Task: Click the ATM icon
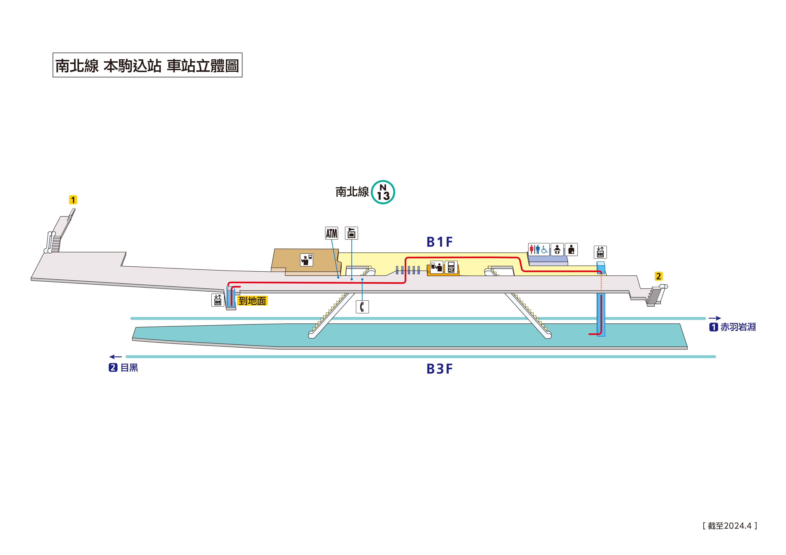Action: coord(331,234)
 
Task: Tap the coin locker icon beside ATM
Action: coord(351,233)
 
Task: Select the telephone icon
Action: coord(362,307)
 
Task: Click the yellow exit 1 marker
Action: coord(73,200)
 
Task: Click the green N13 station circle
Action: coord(383,192)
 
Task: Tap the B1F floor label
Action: coord(440,242)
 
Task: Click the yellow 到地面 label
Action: coord(252,301)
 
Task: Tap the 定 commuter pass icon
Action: coord(451,267)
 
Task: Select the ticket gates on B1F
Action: coord(408,270)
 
